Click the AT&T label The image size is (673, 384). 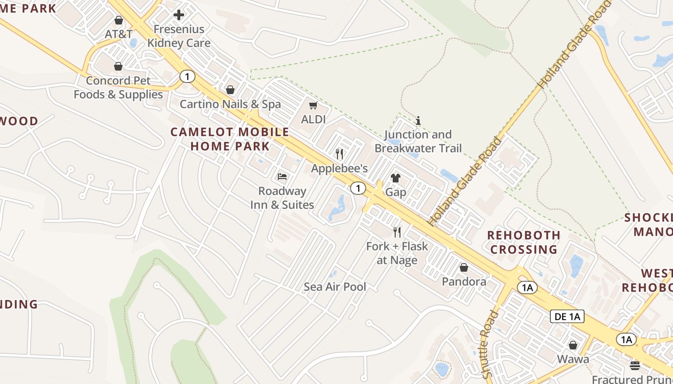119,35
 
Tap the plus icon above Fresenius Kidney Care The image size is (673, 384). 179,15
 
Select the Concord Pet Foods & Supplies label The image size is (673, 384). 118,87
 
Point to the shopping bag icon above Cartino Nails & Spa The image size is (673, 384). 230,90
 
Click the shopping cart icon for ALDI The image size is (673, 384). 313,105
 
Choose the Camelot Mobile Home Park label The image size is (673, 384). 230,139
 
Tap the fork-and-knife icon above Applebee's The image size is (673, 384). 339,154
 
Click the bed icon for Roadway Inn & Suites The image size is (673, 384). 282,177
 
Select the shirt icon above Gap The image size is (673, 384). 396,178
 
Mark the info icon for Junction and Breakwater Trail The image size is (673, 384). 418,120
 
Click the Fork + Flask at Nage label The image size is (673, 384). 397,253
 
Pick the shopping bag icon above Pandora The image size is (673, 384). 464,267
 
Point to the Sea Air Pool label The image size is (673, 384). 335,287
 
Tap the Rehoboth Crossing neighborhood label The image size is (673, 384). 523,242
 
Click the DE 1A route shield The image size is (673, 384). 567,316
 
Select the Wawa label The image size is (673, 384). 573,359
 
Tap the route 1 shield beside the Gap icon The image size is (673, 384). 358,188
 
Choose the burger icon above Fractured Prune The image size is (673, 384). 635,365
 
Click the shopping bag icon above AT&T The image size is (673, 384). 119,20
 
